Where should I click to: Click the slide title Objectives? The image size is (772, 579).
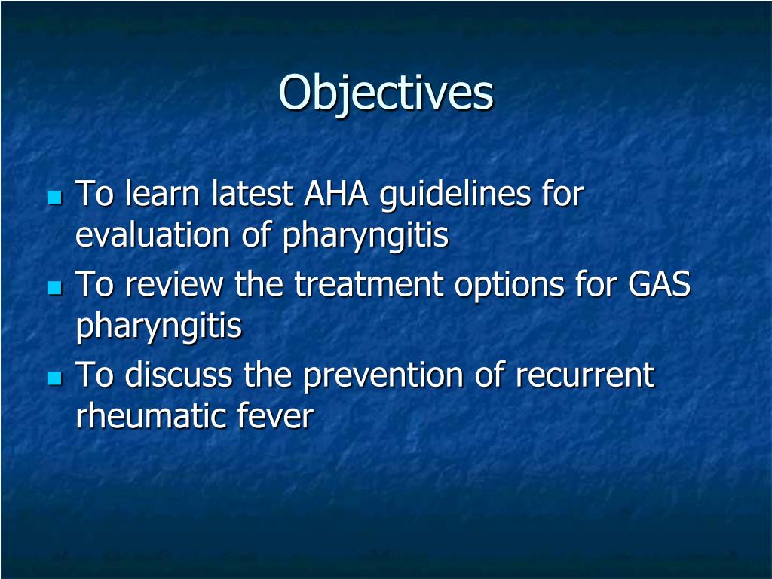[386, 93]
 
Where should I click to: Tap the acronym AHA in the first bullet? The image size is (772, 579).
[335, 195]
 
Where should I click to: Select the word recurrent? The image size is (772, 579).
[585, 375]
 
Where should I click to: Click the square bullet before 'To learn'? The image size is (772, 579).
[54, 198]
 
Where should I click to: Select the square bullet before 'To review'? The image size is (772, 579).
[54, 288]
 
